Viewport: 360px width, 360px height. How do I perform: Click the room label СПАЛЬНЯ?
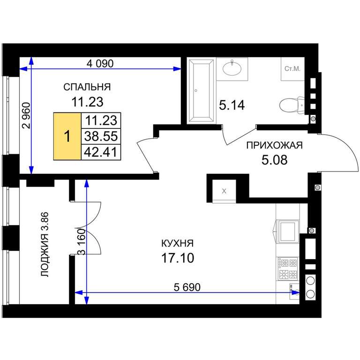(87, 87)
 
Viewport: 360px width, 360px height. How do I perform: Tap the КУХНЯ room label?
(178, 243)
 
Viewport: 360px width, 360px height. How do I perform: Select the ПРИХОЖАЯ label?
(274, 145)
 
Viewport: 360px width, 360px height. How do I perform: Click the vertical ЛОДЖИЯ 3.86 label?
(45, 245)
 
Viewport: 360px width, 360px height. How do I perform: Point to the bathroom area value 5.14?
(232, 105)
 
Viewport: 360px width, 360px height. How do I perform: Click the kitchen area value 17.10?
(178, 258)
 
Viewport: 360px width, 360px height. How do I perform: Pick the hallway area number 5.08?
(274, 160)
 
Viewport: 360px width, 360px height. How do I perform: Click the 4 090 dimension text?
(100, 63)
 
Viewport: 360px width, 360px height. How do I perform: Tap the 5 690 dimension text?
(187, 287)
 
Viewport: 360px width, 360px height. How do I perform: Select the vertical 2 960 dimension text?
(26, 115)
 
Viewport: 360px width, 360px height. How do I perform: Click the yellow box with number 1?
(67, 136)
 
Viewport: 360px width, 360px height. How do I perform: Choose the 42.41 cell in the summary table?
(101, 152)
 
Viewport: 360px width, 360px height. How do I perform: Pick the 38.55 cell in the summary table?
(101, 136)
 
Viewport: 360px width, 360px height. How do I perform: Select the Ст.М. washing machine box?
(292, 69)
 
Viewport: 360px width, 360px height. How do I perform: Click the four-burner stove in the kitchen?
(288, 269)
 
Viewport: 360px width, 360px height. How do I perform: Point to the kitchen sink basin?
(288, 231)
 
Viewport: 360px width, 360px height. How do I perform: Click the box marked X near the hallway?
(224, 191)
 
